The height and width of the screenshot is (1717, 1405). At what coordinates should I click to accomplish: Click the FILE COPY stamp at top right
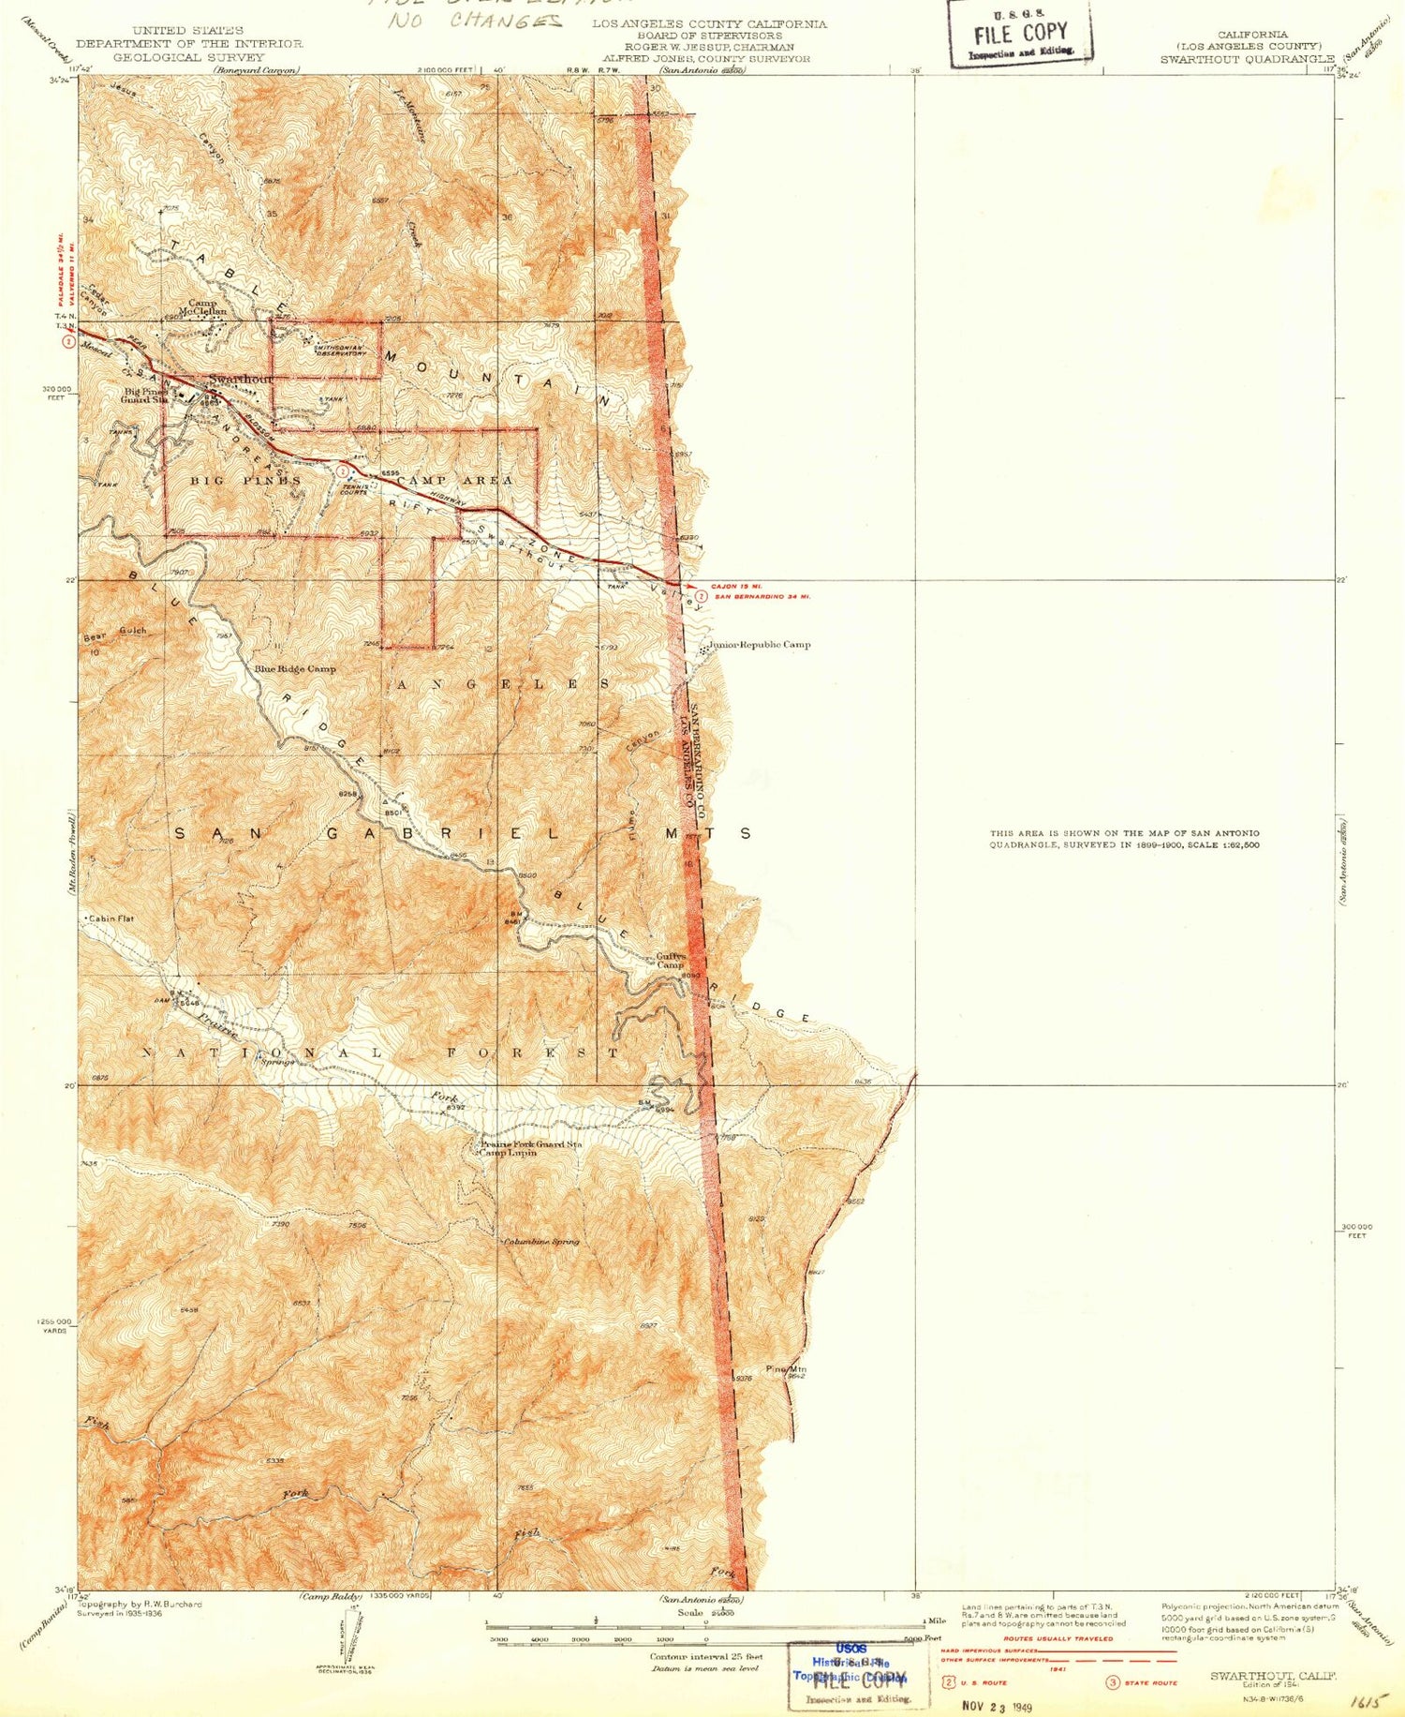click(1020, 35)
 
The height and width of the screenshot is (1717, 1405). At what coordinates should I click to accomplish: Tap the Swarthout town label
click(240, 379)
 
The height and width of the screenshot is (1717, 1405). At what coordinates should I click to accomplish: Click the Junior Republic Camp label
click(760, 645)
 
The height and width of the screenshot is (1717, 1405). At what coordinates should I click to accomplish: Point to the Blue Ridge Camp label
click(294, 669)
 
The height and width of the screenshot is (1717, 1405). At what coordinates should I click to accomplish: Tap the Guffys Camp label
click(671, 961)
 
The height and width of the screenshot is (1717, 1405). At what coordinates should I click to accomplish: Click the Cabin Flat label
click(112, 918)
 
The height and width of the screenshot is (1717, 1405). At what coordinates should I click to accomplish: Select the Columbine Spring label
click(541, 1242)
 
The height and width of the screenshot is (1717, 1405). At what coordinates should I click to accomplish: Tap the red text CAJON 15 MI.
click(736, 587)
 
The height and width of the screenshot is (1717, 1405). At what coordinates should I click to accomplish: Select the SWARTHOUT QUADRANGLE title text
click(1247, 59)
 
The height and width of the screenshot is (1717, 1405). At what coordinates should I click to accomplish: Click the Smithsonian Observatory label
click(327, 350)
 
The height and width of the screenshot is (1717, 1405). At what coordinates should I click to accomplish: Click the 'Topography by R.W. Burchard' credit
click(140, 1605)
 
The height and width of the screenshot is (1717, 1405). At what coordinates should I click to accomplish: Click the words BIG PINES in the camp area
click(245, 480)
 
